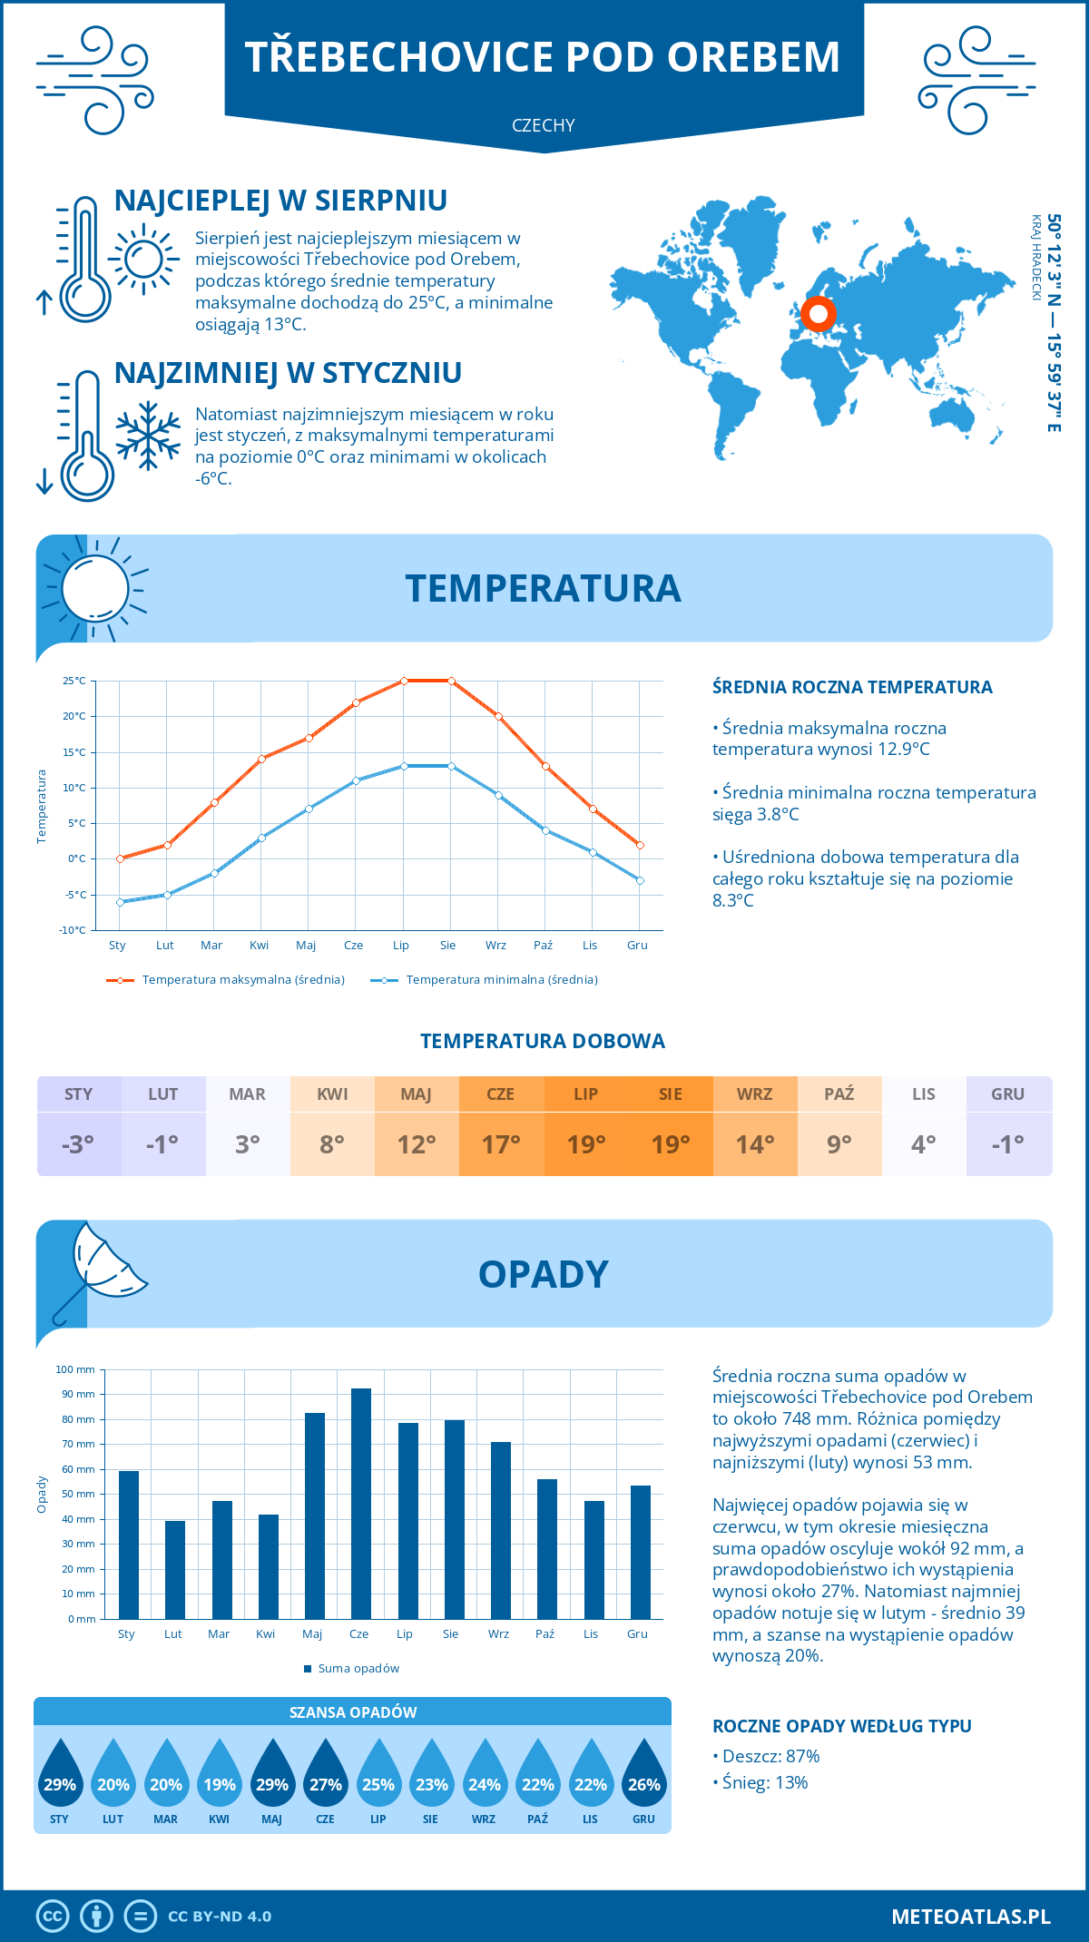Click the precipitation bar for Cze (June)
(361, 1504)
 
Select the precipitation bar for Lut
(175, 1570)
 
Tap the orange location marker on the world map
(819, 314)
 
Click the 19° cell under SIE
(671, 1144)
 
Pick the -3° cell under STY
(78, 1144)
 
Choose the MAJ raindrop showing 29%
(272, 1774)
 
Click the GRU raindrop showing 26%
(644, 1774)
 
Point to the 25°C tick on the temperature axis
(74, 681)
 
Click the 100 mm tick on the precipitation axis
(75, 1369)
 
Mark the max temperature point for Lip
(404, 681)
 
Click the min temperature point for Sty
(120, 902)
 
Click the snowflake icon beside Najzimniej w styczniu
(148, 436)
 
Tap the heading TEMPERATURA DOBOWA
(543, 1041)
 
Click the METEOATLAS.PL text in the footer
(970, 1916)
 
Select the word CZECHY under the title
(544, 125)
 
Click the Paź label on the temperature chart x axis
(543, 946)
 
